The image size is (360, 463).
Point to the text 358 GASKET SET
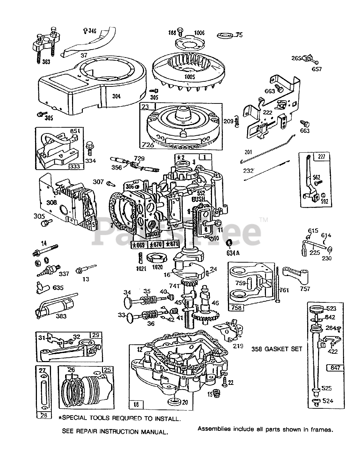coord(277,349)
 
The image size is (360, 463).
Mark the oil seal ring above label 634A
coord(229,243)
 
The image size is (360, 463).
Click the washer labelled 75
coord(225,35)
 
